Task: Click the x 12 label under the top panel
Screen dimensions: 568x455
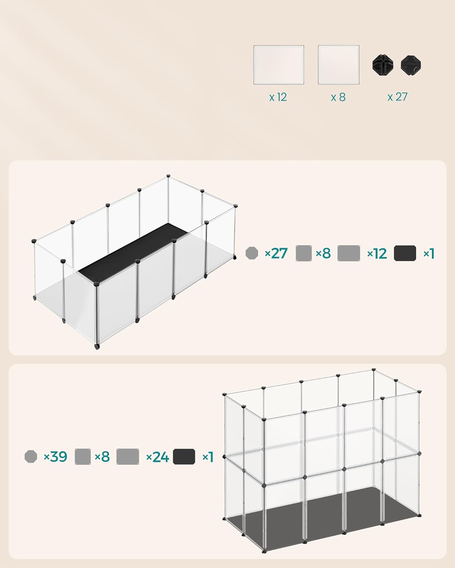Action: coord(278,97)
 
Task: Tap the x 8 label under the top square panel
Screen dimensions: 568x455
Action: coord(338,97)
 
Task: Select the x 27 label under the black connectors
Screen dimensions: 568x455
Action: coord(397,97)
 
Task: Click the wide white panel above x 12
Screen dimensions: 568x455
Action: coord(279,65)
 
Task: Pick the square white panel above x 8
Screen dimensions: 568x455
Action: coord(338,65)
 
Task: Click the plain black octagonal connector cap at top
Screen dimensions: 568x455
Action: coord(411,65)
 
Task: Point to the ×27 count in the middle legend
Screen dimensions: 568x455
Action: coord(276,253)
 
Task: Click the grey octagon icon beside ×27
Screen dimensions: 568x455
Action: coord(252,253)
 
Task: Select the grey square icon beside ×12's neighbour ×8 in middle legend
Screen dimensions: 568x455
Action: coord(303,253)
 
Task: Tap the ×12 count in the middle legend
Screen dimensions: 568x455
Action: coord(377,253)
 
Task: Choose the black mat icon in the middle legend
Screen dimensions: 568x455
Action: coord(405,253)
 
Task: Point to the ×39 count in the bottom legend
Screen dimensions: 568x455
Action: coord(55,457)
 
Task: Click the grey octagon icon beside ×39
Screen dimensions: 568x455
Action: coord(31,456)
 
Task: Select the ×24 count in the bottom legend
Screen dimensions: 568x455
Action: coord(157,457)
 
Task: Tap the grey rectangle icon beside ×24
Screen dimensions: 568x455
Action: coord(128,457)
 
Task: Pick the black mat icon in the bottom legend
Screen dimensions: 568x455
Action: coord(184,457)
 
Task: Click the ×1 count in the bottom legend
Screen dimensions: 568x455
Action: coord(208,457)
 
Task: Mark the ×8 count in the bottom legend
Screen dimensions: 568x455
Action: coord(102,457)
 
